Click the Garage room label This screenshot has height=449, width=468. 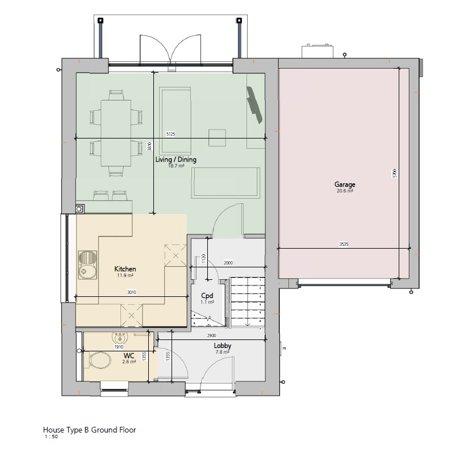[344, 184]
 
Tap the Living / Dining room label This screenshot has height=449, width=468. [175, 160]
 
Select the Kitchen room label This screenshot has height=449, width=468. [125, 268]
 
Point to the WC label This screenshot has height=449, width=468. [129, 355]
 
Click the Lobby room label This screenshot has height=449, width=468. [222, 346]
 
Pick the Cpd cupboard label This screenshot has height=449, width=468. [207, 296]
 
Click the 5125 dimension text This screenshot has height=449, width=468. [171, 134]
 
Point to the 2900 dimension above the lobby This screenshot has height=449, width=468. [211, 336]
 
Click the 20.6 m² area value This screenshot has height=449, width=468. [344, 192]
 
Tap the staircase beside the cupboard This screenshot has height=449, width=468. [246, 302]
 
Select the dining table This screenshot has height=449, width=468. [116, 133]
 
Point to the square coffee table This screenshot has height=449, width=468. [216, 138]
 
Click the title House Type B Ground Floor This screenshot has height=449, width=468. [90, 430]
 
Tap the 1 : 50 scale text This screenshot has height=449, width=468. [51, 437]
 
